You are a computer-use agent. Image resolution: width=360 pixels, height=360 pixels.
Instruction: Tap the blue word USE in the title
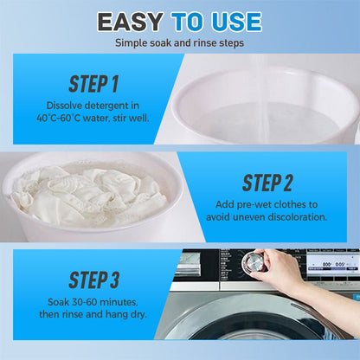[x=233, y=21]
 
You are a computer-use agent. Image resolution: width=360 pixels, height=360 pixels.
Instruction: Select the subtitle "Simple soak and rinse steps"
[x=179, y=42]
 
